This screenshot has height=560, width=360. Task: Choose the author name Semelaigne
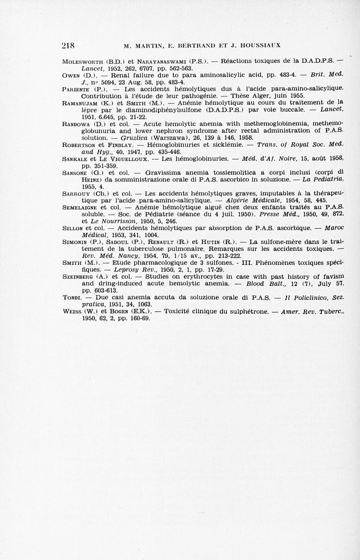tap(80, 208)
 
